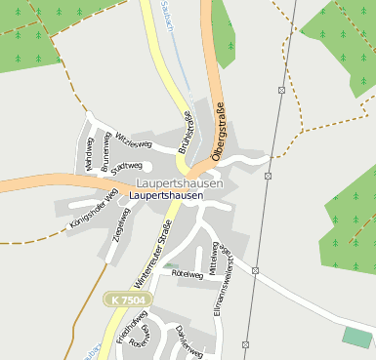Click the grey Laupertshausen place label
pos(180,183)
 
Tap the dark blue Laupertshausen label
pos(166,195)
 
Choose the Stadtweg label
pos(127,166)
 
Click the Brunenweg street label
pos(105,155)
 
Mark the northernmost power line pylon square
pos(281,90)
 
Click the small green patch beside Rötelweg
pos(171,265)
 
